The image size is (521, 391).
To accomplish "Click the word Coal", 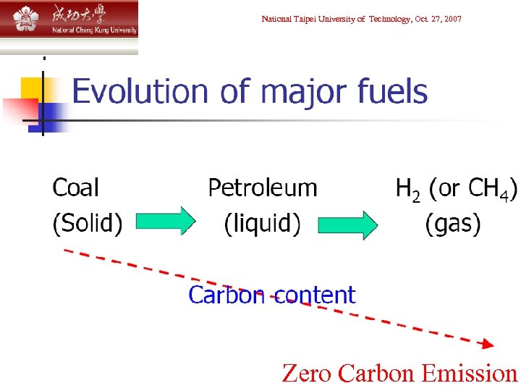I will pos(76,188).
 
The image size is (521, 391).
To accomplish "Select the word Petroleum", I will pos(263,188).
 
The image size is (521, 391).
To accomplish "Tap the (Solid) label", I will pos(88,223).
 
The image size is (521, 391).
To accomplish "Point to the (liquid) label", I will pos(262,223).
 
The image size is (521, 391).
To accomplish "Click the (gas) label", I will pos(453,223).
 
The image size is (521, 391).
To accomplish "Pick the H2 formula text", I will pos(408,190).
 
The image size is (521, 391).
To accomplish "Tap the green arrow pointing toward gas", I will pos(350,224).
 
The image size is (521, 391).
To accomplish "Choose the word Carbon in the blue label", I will pos(226,295).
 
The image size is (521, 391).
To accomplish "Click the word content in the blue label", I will pos(313,295).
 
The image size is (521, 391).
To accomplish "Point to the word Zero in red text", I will pos(307,374).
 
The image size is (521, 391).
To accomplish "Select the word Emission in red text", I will pos(469,374).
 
